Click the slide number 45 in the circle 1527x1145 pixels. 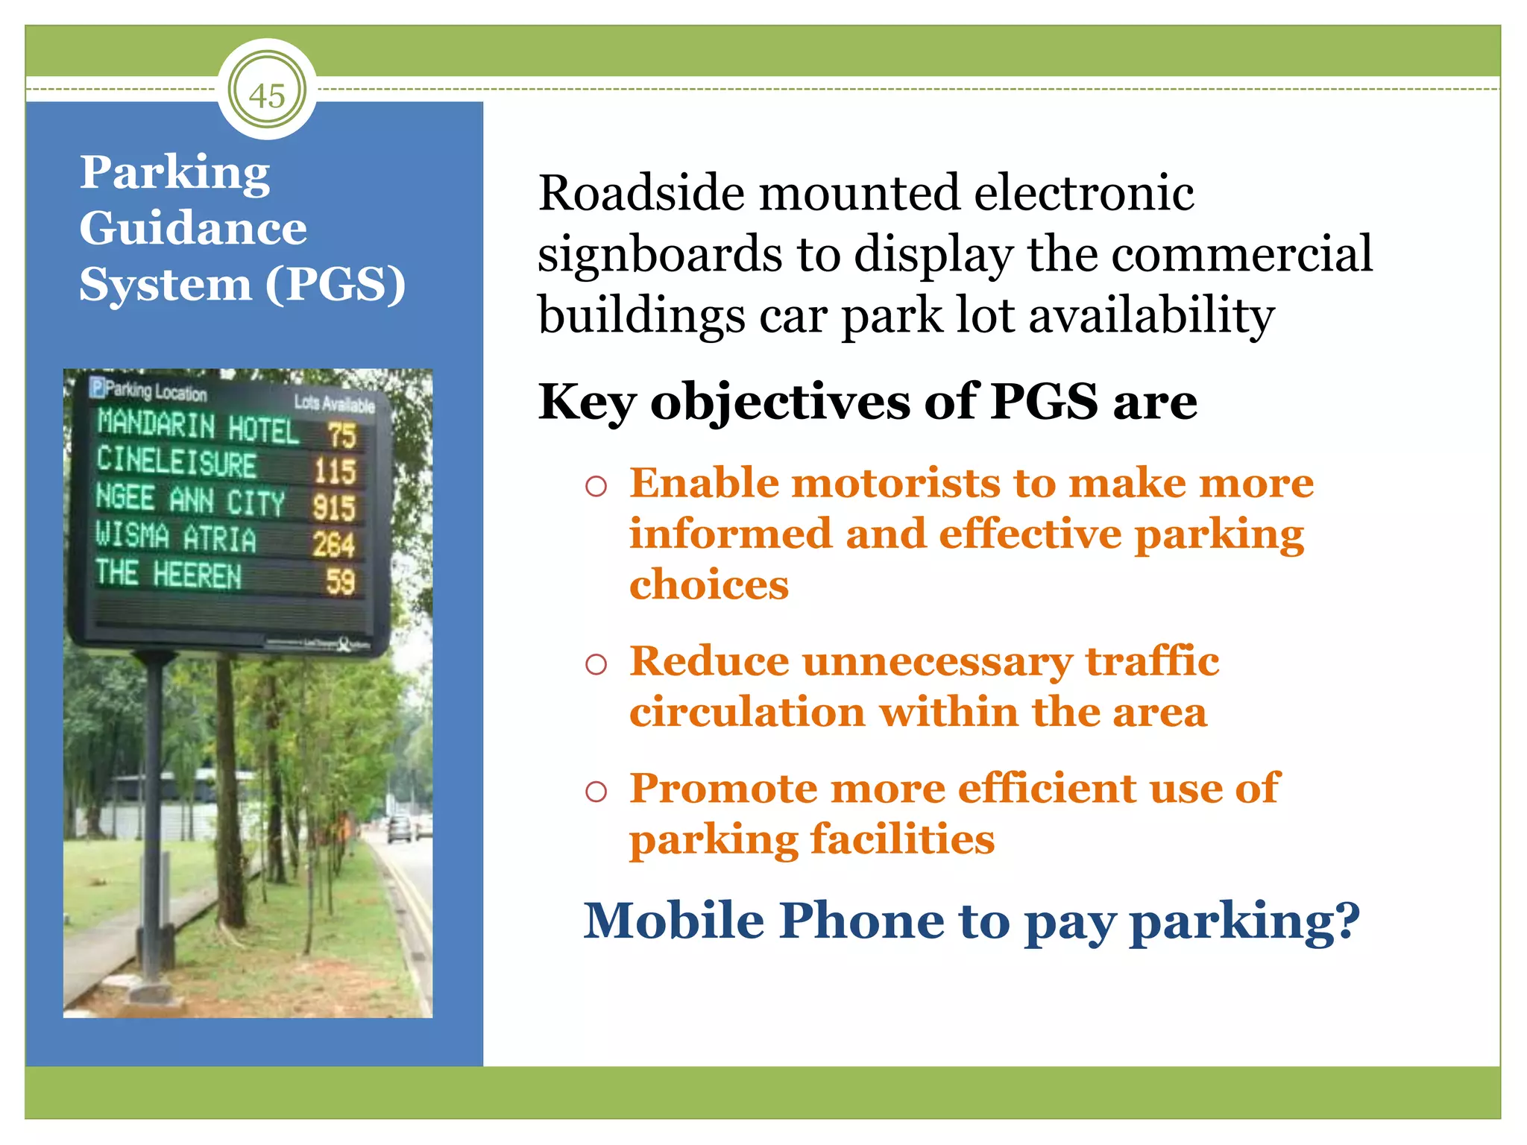pos(267,95)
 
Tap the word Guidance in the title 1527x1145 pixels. pos(193,227)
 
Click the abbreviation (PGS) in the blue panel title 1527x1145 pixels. pos(336,284)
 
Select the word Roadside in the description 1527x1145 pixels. pos(641,193)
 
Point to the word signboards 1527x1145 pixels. pos(659,254)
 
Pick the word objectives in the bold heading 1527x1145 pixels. pos(779,402)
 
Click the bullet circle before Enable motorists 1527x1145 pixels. pos(596,487)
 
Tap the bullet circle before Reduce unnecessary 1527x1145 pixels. pos(596,663)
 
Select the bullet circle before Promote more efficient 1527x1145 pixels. pos(596,791)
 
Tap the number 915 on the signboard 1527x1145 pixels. pos(333,508)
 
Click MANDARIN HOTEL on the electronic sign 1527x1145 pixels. pos(198,426)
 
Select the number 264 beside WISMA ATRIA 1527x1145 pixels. pos(333,544)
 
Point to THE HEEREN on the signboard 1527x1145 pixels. pos(169,574)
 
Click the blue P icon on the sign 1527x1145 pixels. pos(97,387)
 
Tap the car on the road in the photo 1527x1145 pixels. pos(400,828)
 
